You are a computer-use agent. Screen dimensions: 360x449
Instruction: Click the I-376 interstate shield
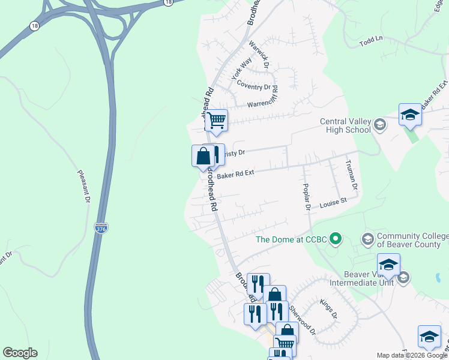point(101,228)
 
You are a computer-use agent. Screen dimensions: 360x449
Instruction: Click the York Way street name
point(242,70)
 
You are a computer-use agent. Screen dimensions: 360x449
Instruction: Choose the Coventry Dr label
point(254,86)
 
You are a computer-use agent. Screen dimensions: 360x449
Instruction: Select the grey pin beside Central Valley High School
point(379,125)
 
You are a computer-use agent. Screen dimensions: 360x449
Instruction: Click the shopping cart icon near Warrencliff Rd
point(216,119)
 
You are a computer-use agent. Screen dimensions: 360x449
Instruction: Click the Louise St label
point(333,203)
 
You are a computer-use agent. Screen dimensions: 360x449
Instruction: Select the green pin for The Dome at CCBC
point(336,239)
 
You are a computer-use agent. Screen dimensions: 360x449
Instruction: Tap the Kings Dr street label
point(328,308)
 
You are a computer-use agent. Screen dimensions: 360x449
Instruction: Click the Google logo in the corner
point(20,353)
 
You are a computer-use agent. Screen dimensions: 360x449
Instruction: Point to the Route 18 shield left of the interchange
point(34,26)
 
